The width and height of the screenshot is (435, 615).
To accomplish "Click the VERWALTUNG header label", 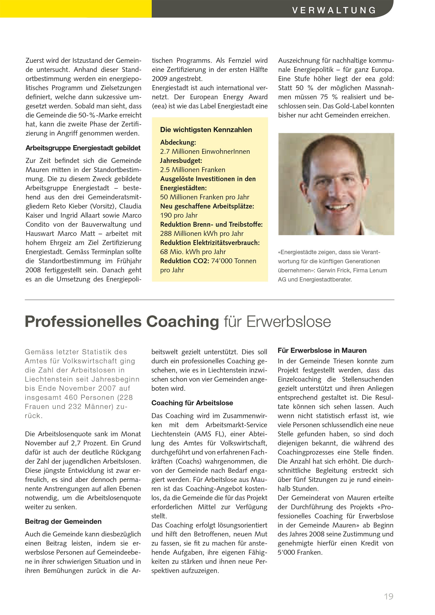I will point(334,10).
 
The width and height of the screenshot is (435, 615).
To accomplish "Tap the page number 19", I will point(389,596).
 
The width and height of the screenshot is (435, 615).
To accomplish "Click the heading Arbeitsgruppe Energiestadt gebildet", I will point(83,148).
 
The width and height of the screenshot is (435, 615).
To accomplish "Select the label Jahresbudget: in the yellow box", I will point(181,160).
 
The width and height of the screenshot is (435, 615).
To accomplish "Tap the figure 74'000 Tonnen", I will point(234,261).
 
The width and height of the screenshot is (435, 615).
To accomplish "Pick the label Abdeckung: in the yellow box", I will point(178,142).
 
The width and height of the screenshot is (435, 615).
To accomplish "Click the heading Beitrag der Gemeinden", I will point(63,521).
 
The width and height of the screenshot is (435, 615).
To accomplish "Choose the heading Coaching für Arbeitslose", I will point(192,403).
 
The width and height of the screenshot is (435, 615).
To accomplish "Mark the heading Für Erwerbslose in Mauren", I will point(322,350).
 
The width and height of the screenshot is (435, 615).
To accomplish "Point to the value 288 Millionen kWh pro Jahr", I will point(202,234).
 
